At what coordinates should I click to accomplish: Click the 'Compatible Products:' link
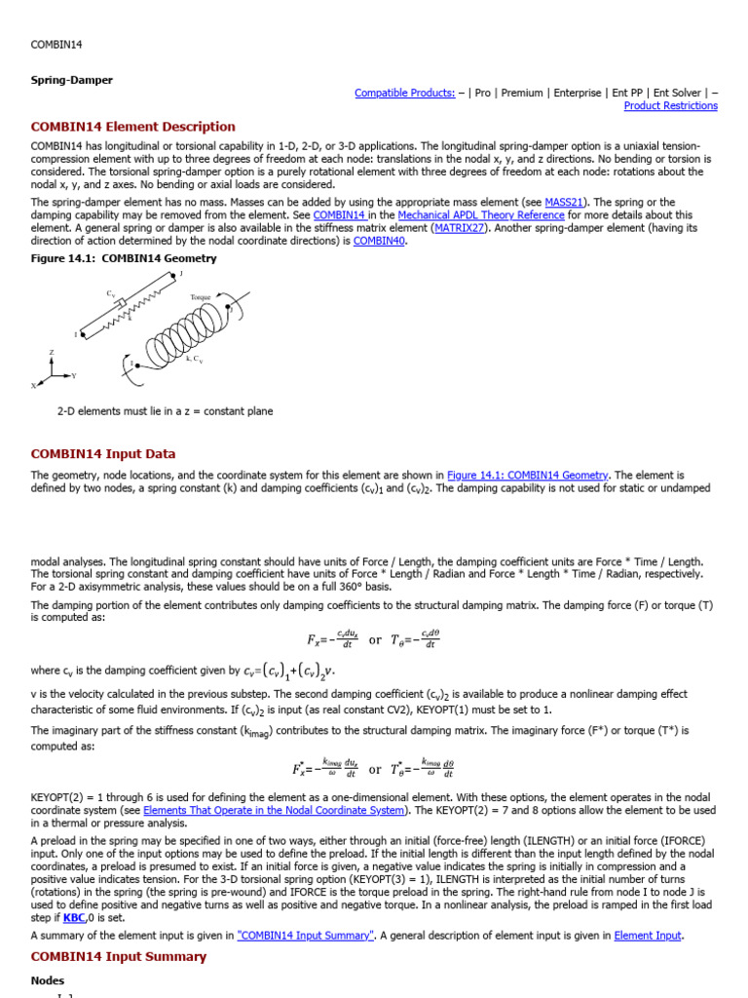click(x=404, y=93)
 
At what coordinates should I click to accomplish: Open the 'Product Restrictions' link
click(x=670, y=105)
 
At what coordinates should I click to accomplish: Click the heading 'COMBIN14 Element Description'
click(x=133, y=127)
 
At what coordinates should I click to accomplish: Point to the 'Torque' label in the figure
click(x=201, y=296)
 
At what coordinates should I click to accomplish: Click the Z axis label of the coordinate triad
click(x=52, y=352)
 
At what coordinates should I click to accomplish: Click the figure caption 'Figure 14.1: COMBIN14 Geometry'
click(x=124, y=258)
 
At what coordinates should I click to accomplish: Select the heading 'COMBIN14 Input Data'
click(x=103, y=454)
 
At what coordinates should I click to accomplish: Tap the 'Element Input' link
click(x=648, y=936)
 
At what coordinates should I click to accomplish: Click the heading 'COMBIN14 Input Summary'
click(x=119, y=957)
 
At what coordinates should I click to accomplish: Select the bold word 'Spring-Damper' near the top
click(x=71, y=79)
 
